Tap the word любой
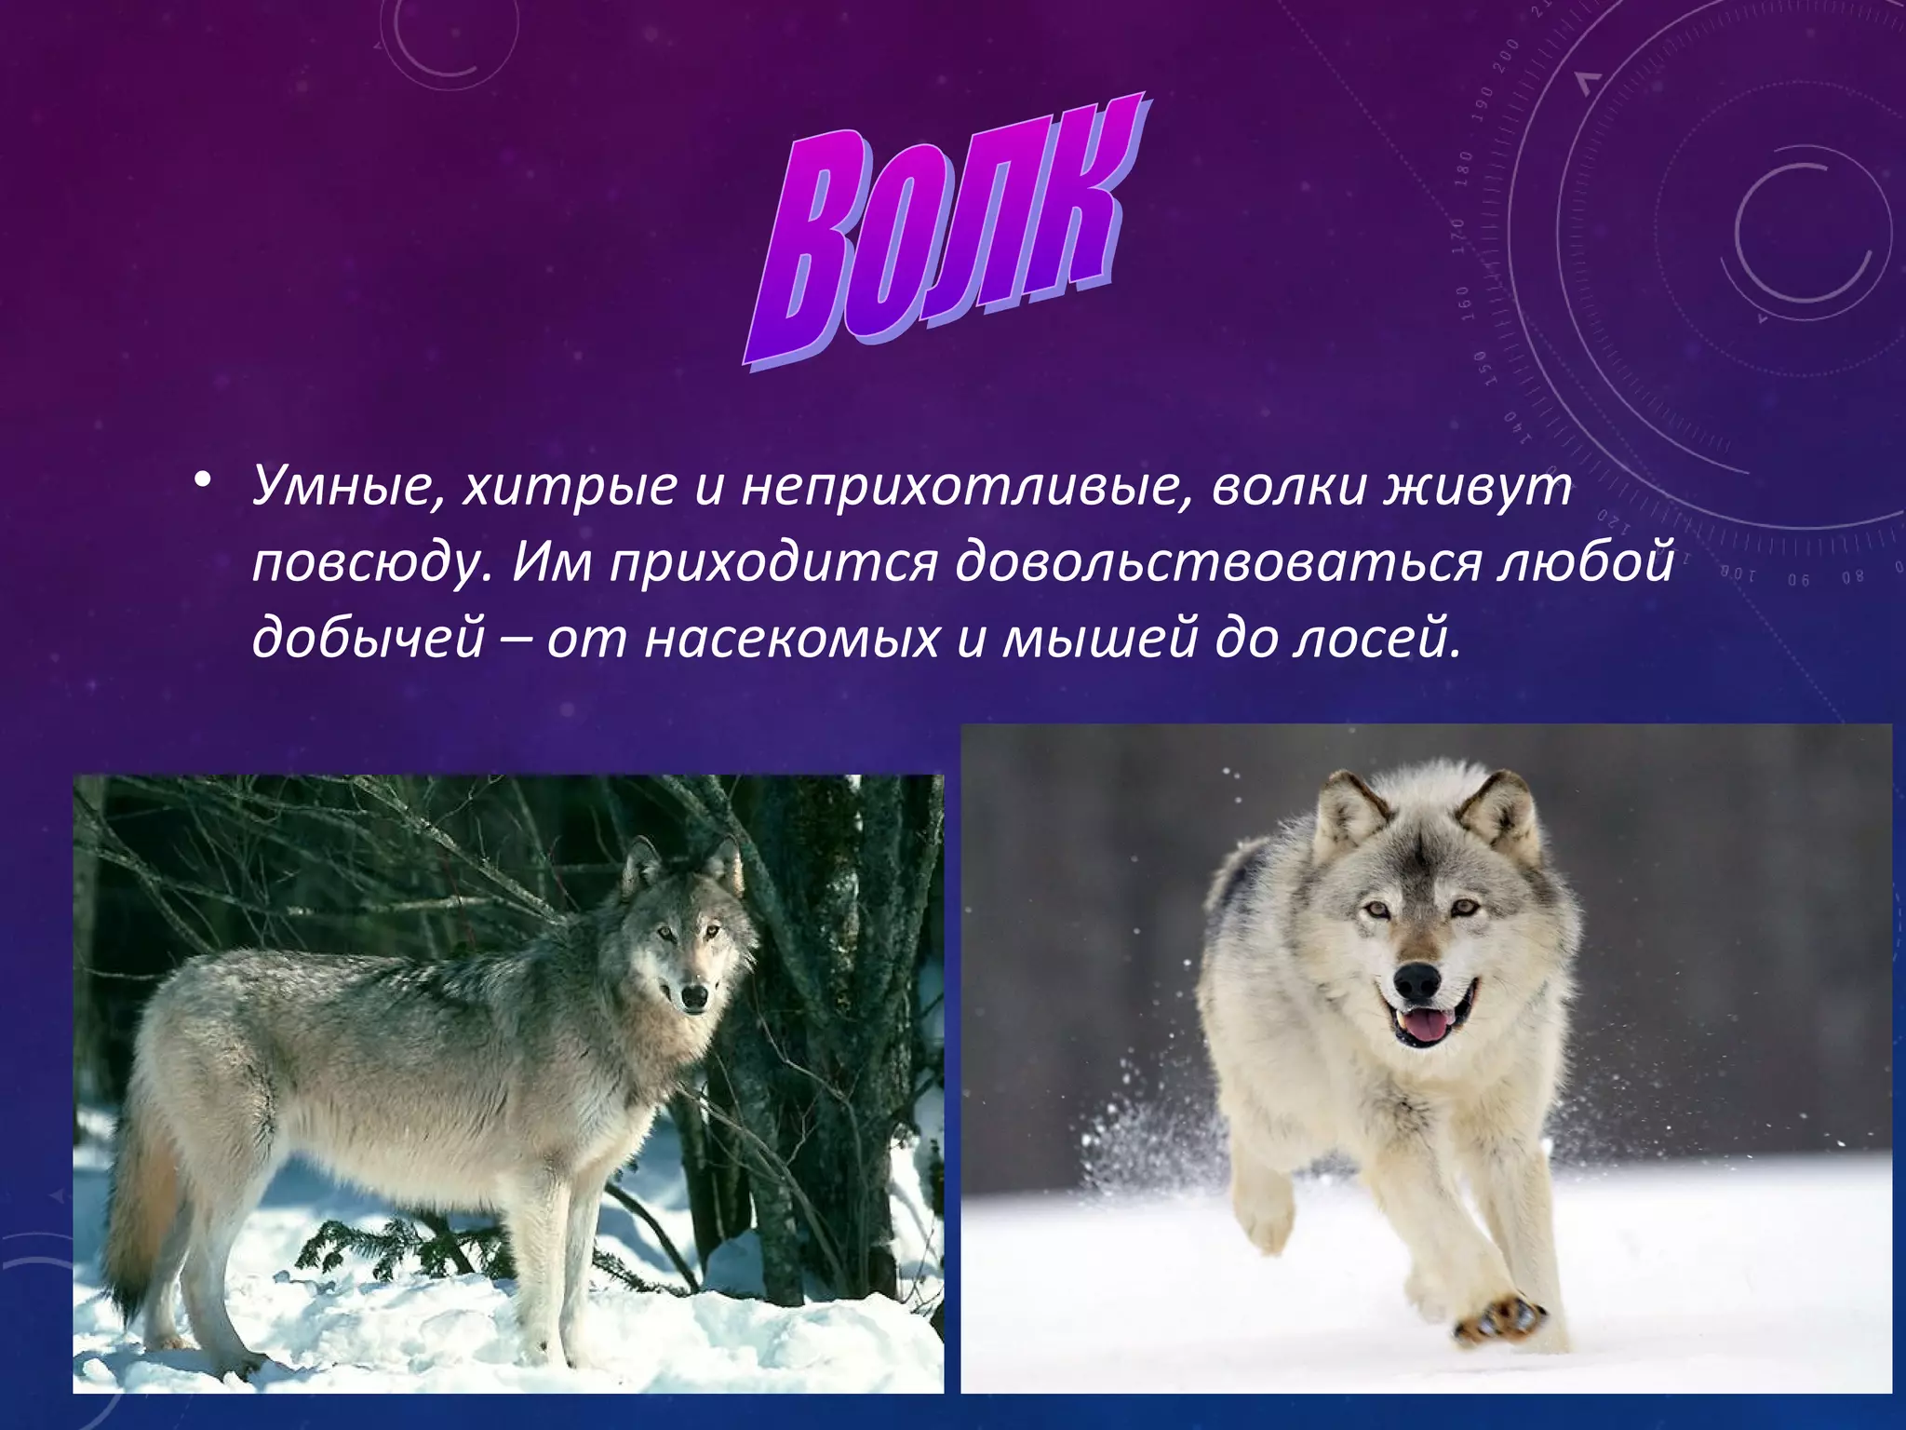tap(1586, 562)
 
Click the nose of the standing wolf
tap(693, 997)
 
